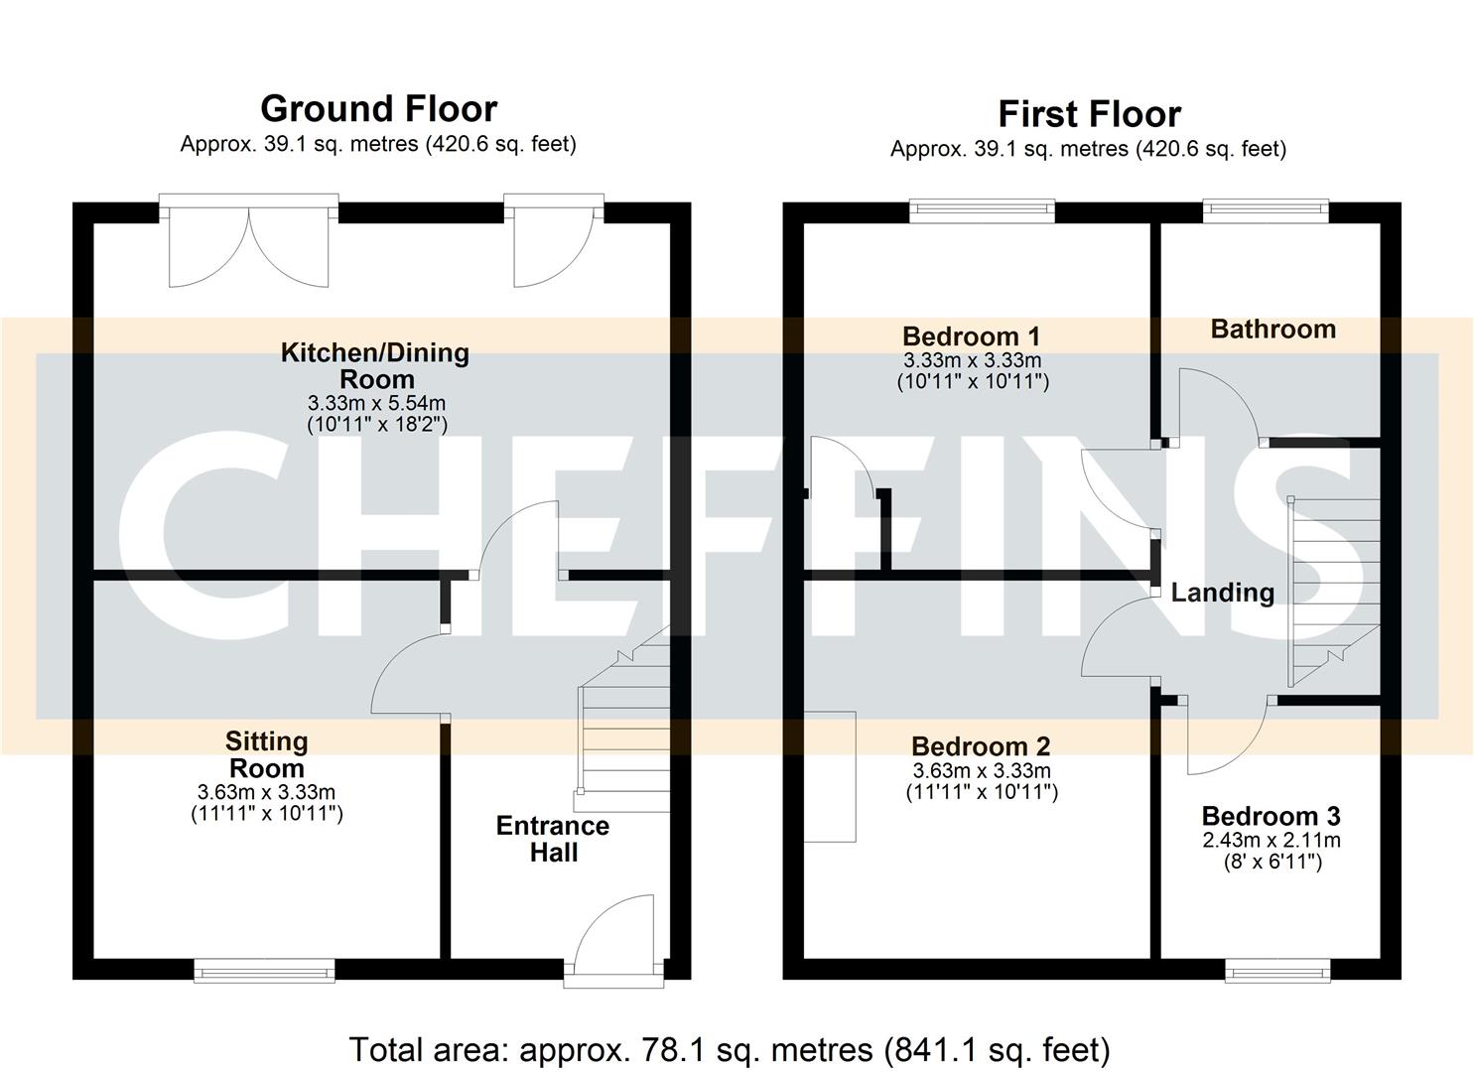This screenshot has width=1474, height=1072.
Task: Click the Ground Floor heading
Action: [378, 108]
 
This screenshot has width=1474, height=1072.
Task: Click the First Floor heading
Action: [1089, 114]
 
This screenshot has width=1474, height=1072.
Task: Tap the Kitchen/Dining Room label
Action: [375, 365]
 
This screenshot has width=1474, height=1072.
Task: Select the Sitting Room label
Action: [266, 754]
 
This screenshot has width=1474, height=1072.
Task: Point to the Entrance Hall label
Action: [553, 839]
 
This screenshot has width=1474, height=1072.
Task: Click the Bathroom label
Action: [1273, 330]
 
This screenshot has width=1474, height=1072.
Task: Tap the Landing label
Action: [1222, 593]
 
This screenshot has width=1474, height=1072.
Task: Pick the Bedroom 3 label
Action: [1271, 816]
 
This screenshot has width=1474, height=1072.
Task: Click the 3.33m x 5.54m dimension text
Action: [376, 404]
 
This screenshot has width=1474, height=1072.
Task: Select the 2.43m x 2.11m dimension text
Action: [1272, 841]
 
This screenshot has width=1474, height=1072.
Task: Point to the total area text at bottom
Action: [730, 1049]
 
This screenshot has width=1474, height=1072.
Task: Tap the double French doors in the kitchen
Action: [248, 243]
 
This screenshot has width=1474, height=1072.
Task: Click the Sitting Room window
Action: [264, 970]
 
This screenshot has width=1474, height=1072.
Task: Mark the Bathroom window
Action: [1266, 208]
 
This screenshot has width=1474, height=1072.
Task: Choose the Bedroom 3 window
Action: [1277, 970]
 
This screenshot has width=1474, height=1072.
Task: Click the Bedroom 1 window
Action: [982, 208]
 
